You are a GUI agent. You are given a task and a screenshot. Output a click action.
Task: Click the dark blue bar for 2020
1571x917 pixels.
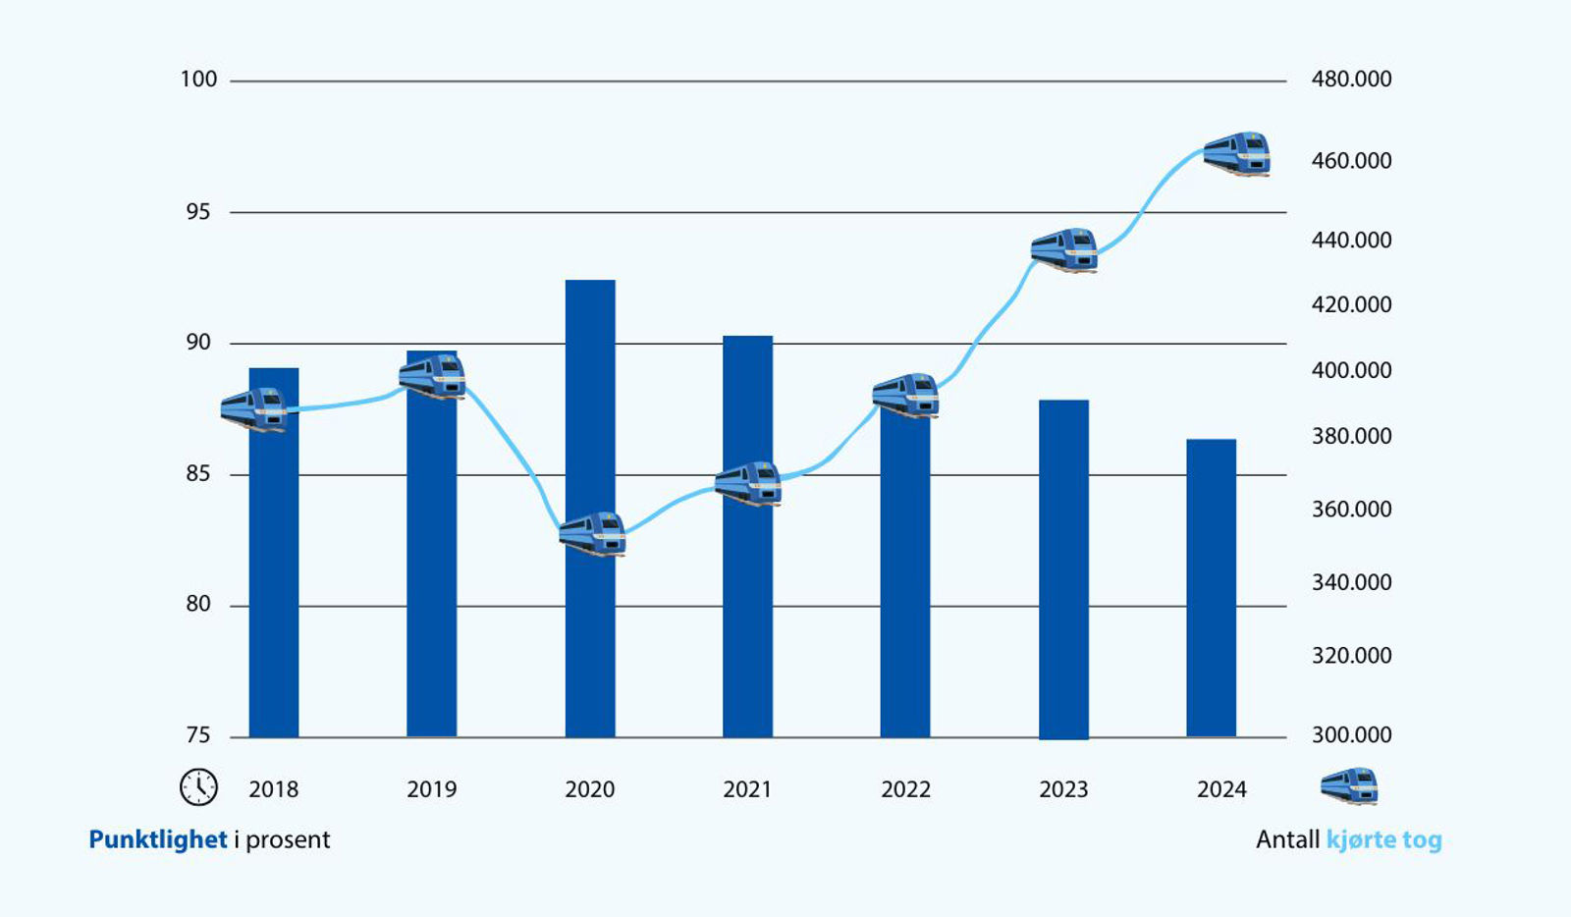tap(590, 509)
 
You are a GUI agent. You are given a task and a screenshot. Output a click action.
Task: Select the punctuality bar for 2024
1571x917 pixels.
tap(1212, 588)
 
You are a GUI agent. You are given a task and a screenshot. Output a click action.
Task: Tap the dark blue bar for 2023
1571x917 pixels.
tap(1064, 569)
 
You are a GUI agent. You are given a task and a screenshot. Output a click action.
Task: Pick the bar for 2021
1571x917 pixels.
tap(747, 536)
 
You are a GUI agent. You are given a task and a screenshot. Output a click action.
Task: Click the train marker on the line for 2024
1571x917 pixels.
tap(1237, 153)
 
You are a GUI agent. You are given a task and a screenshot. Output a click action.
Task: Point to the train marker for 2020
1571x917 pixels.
tap(593, 534)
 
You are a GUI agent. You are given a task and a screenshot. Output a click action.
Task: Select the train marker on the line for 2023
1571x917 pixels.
tap(1064, 250)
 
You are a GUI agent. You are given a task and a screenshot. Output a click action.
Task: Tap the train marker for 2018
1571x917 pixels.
tap(254, 410)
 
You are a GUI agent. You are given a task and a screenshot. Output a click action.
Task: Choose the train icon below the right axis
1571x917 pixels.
tap(1349, 785)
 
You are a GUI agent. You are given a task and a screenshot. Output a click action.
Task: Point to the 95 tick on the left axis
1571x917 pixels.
tap(198, 212)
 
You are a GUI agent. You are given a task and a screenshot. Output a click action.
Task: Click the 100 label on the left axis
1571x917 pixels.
tap(199, 80)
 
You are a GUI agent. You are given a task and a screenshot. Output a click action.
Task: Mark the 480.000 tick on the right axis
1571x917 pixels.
tap(1351, 80)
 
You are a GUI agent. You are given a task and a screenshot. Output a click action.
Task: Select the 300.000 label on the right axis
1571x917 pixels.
tap(1351, 734)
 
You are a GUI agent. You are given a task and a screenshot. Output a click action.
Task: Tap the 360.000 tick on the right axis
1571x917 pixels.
tap(1351, 509)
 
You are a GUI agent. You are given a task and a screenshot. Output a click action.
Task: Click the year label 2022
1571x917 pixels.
tap(905, 789)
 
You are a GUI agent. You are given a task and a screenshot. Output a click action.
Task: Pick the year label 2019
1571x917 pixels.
tap(431, 789)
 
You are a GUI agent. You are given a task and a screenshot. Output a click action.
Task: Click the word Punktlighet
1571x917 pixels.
tap(158, 839)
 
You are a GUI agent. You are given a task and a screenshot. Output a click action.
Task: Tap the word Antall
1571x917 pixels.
tap(1287, 839)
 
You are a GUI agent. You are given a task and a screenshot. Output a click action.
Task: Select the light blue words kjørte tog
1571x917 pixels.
tap(1383, 839)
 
